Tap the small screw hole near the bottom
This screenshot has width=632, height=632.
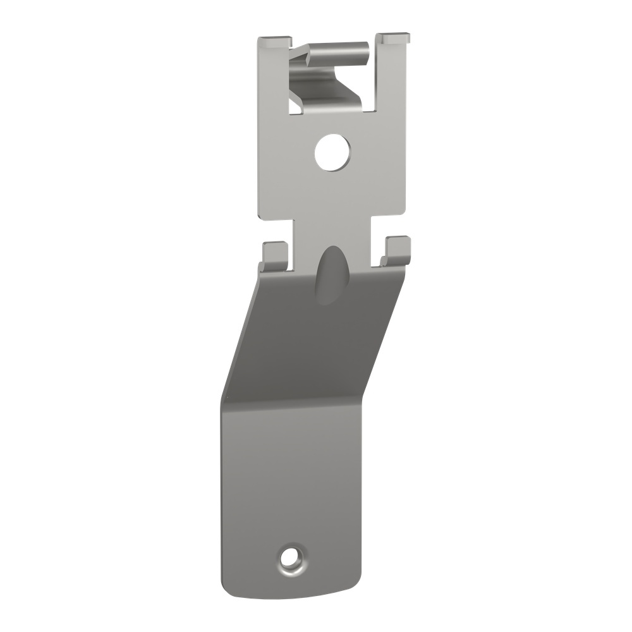291,557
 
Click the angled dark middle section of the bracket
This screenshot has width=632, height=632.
313,341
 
